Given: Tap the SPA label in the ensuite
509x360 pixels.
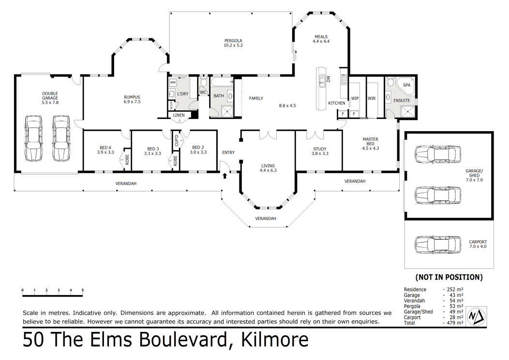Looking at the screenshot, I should click(x=406, y=85).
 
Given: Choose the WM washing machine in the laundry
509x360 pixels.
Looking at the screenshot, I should click(x=173, y=83).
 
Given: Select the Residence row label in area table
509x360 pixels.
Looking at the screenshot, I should click(x=415, y=289).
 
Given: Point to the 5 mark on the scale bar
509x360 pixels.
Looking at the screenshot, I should click(x=83, y=290).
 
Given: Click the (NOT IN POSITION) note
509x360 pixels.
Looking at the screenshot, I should click(x=449, y=277).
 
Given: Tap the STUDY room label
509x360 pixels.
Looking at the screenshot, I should click(x=319, y=149).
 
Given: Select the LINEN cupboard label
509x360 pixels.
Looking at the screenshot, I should click(x=179, y=115).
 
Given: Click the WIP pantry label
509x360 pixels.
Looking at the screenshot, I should click(x=355, y=98).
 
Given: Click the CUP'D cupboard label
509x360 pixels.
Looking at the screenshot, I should click(x=177, y=141).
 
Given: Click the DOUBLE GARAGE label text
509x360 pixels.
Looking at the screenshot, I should click(x=50, y=96).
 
